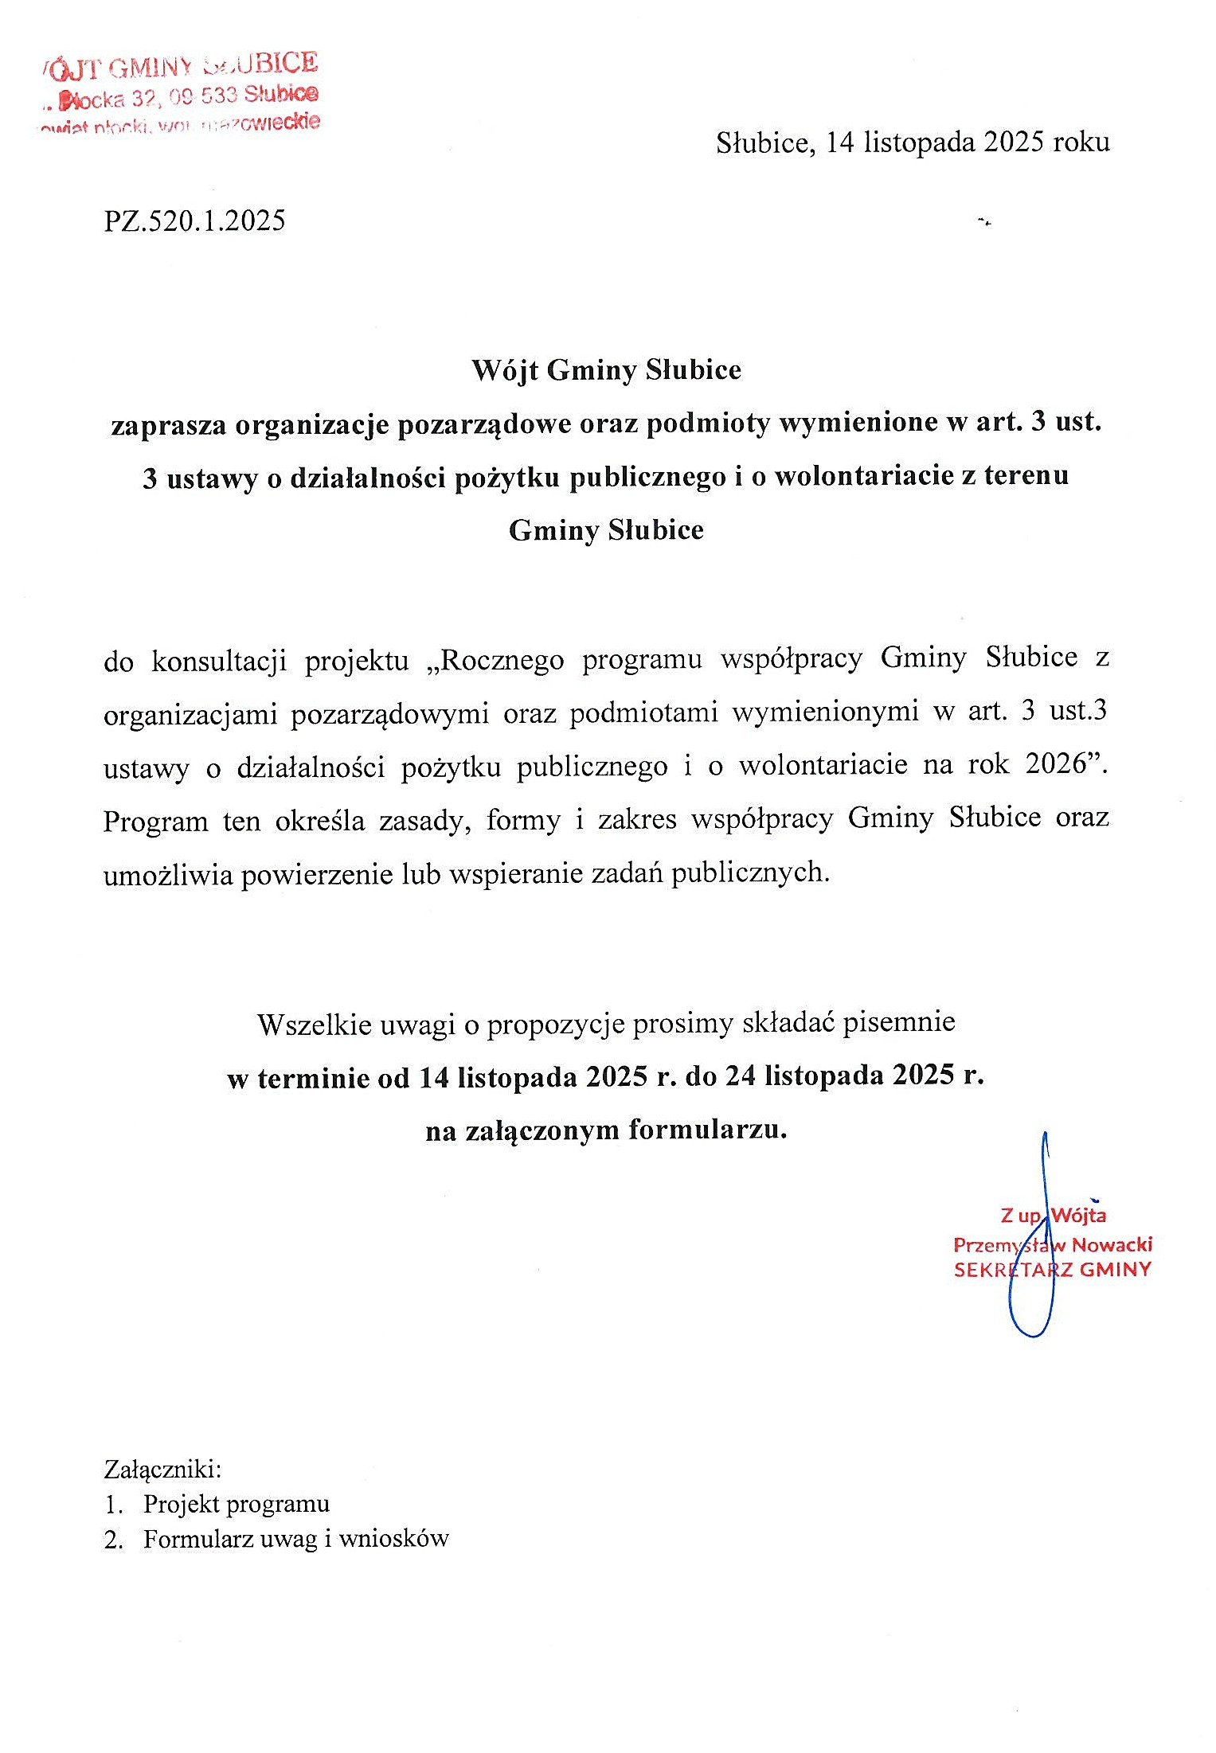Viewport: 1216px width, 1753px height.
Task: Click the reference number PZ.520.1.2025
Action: coord(194,221)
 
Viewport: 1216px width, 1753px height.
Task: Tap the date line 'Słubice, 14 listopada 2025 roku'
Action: coord(912,143)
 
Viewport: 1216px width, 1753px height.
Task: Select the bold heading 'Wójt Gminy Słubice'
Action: coord(606,370)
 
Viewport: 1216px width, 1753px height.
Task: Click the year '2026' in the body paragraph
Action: coord(1056,764)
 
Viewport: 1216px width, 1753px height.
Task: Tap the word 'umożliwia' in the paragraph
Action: coord(167,875)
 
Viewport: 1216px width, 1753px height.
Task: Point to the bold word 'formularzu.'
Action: coord(707,1130)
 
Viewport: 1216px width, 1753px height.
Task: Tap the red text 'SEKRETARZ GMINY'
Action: coord(1052,1270)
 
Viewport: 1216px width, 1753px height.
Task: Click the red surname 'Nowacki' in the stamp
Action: coord(1112,1244)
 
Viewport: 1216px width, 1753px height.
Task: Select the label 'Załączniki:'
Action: coord(162,1468)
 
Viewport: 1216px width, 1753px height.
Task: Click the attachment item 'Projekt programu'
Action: coord(236,1504)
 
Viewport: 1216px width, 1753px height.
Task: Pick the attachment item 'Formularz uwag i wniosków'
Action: coord(295,1539)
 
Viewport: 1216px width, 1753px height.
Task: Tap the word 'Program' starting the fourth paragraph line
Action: coord(155,821)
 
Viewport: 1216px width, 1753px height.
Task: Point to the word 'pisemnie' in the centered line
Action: coord(898,1022)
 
